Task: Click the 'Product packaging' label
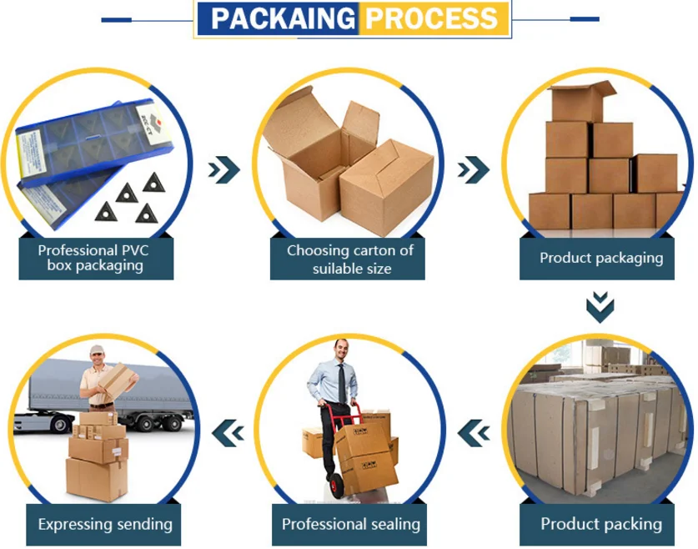tap(600, 258)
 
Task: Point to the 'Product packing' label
tap(600, 525)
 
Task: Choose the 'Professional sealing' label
tap(350, 525)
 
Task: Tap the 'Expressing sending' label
tap(105, 525)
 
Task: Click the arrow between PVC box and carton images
tap(223, 170)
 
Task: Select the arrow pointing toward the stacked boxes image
tap(474, 170)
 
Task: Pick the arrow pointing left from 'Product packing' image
tap(474, 431)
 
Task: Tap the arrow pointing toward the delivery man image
tap(228, 431)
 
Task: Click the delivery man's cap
tap(98, 350)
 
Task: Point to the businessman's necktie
tap(341, 383)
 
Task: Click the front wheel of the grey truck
tap(60, 423)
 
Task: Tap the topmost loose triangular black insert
tap(153, 181)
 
